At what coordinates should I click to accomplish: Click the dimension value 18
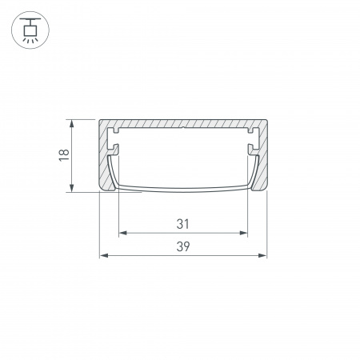(63, 156)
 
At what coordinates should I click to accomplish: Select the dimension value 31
(182, 223)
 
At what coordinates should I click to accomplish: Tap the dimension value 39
(182, 246)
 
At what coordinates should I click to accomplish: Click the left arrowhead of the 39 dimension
(102, 256)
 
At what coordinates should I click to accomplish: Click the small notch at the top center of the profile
(182, 126)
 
